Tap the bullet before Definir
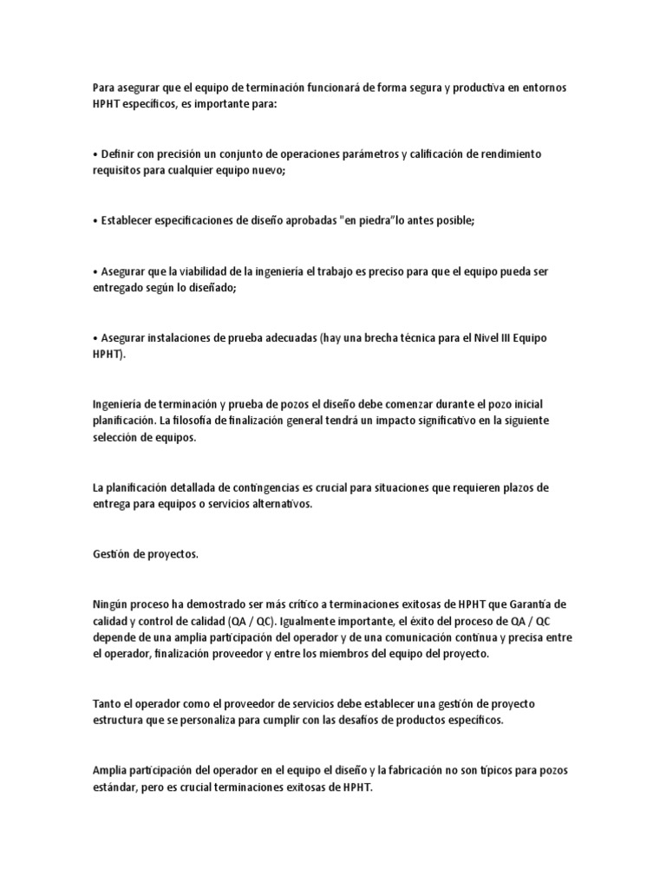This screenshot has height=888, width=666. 95,154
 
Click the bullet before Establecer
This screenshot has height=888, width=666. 95,220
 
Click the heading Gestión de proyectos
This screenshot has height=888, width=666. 145,554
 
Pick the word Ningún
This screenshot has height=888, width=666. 109,604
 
